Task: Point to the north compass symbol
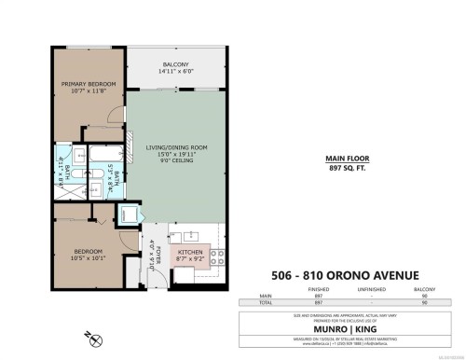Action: pyautogui.click(x=89, y=334)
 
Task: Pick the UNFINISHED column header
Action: pyautogui.click(x=371, y=289)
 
